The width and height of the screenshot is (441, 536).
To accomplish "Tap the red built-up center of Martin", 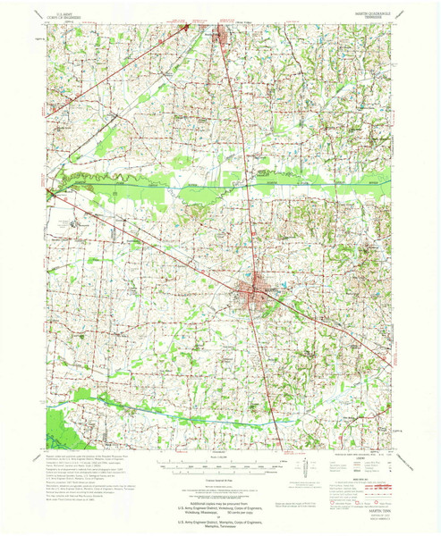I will [x=253, y=291].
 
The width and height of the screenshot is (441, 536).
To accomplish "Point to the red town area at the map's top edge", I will [x=220, y=36].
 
